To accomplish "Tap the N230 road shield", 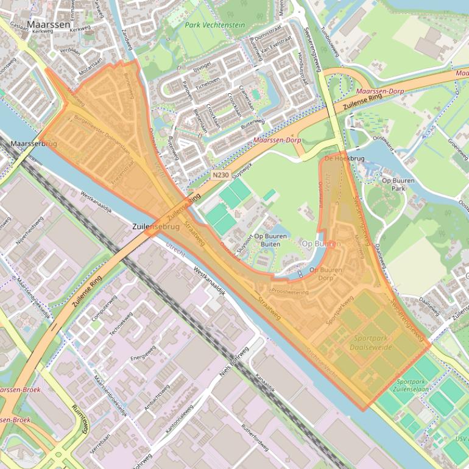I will pyautogui.click(x=220, y=175).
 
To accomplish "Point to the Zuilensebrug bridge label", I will pyautogui.click(x=156, y=227).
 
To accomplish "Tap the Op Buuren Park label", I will pyautogui.click(x=398, y=185).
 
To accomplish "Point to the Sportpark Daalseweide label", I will pyautogui.click(x=371, y=342).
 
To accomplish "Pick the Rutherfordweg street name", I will pyautogui.click(x=255, y=438).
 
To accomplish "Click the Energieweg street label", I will pyautogui.click(x=143, y=353).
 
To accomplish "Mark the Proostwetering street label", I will pyautogui.click(x=291, y=291).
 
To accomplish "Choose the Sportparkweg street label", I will pyautogui.click(x=340, y=310).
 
